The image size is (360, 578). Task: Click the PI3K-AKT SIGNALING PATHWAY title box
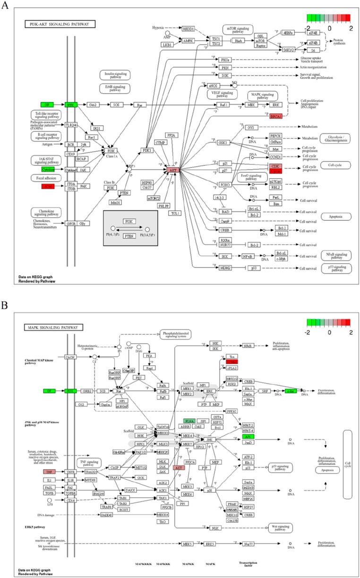point(60,24)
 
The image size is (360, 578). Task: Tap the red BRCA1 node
point(276,116)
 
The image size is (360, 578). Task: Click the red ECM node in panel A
point(47,187)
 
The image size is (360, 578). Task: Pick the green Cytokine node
point(48,169)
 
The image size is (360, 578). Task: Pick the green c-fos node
point(290,390)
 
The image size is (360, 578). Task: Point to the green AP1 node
point(247,437)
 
